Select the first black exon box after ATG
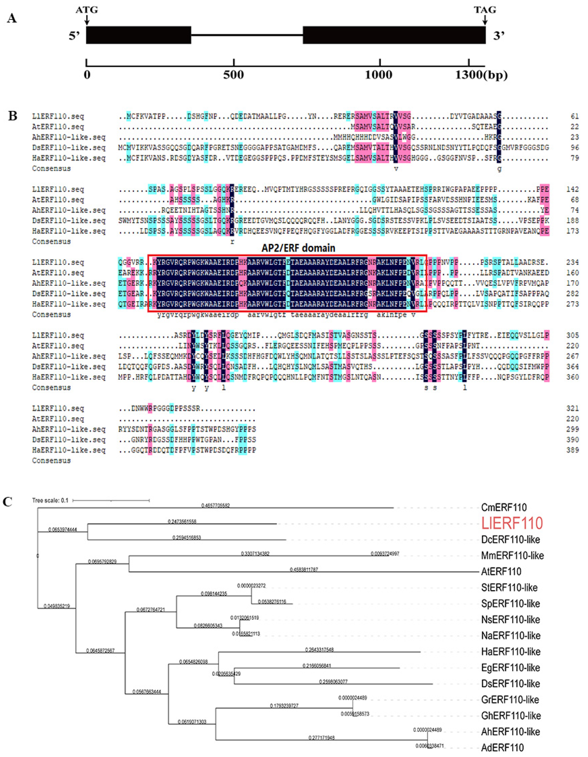coord(139,35)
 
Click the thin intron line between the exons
coord(247,35)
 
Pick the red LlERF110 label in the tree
coord(512,523)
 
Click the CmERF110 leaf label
coord(504,507)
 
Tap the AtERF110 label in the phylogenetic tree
coord(501,572)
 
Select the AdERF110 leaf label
coord(502,748)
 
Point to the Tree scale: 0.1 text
coord(50,501)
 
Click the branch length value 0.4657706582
coord(215,506)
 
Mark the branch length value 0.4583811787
coord(304,569)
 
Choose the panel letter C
coord(8,502)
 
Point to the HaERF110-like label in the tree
coord(511,652)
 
